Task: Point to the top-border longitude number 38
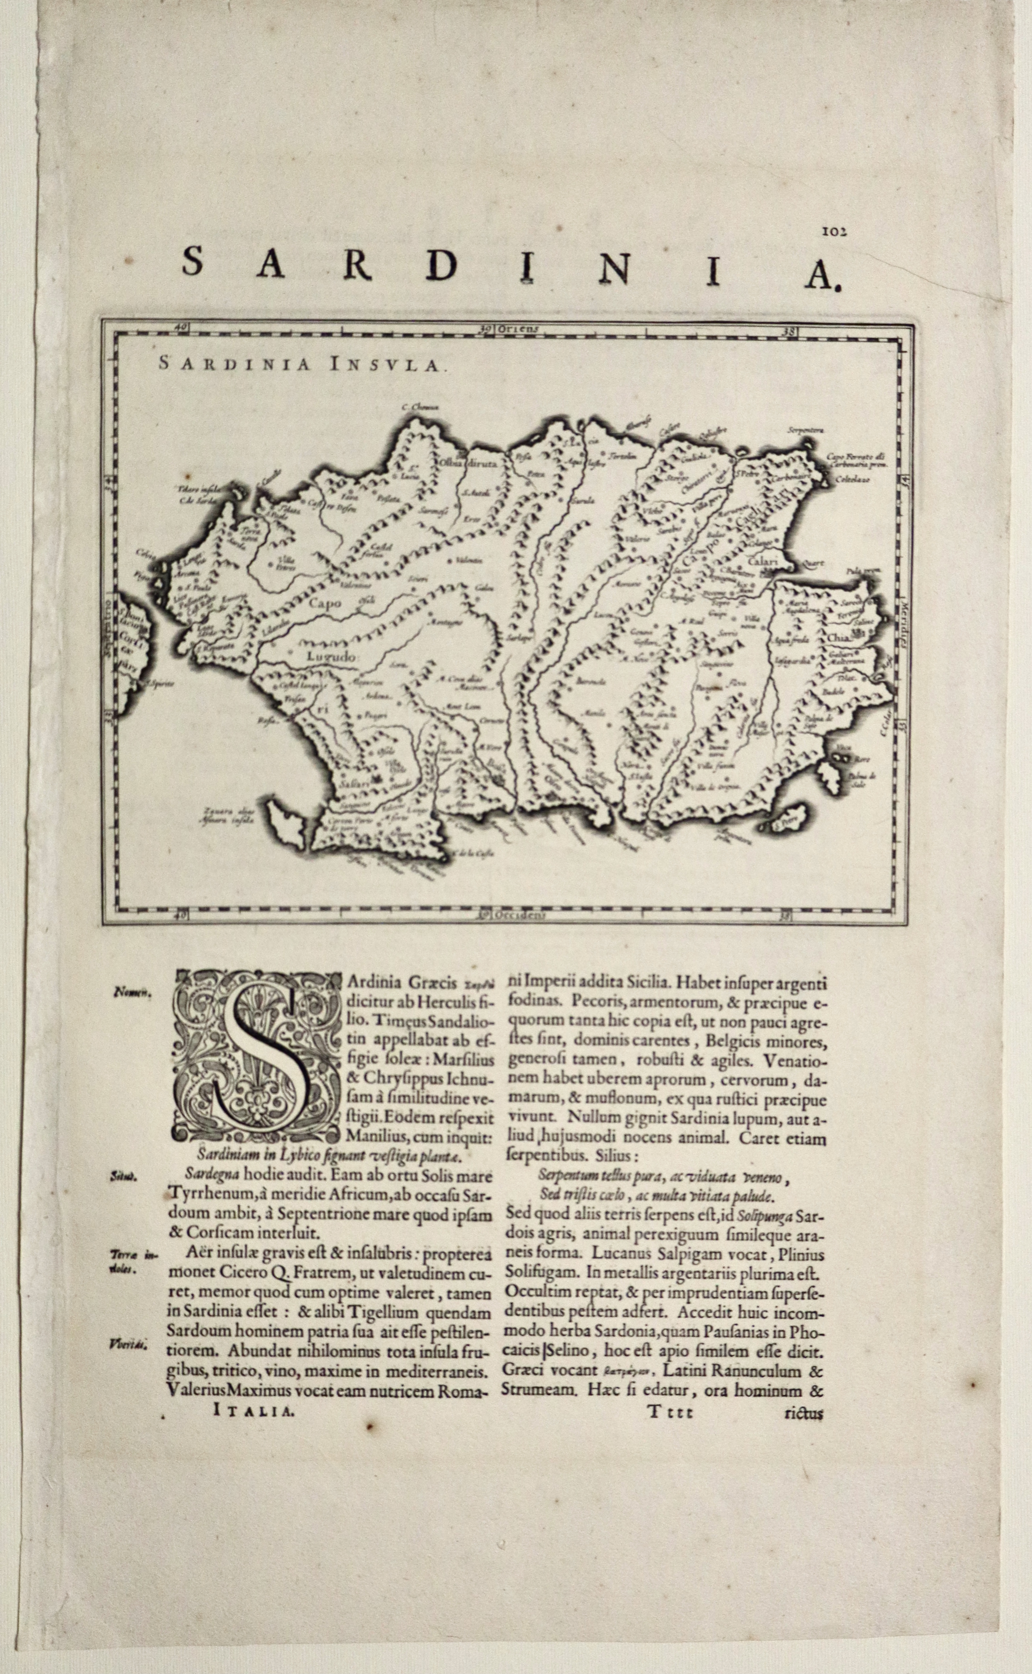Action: click(790, 332)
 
